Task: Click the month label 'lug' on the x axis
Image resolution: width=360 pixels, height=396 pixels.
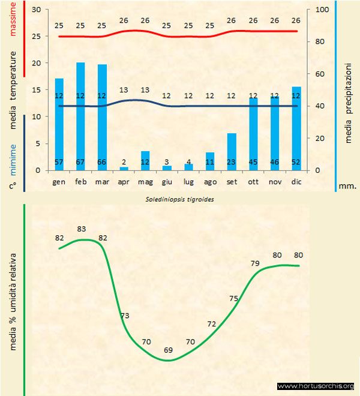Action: point(188,181)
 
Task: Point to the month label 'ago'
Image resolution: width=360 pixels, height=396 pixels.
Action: point(210,181)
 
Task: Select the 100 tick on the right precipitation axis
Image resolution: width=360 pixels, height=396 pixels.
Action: point(322,10)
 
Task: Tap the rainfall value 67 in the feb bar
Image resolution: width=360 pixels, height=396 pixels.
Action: point(80,162)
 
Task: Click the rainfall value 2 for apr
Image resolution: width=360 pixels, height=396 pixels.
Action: point(124,162)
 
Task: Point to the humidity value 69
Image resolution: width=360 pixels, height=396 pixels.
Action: point(169,350)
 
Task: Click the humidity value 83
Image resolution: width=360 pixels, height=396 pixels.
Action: point(82,229)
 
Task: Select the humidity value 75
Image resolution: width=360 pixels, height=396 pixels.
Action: point(234,298)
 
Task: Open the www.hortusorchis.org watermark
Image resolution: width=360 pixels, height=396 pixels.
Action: point(316,386)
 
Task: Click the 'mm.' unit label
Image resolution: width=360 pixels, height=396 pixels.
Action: point(348,186)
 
